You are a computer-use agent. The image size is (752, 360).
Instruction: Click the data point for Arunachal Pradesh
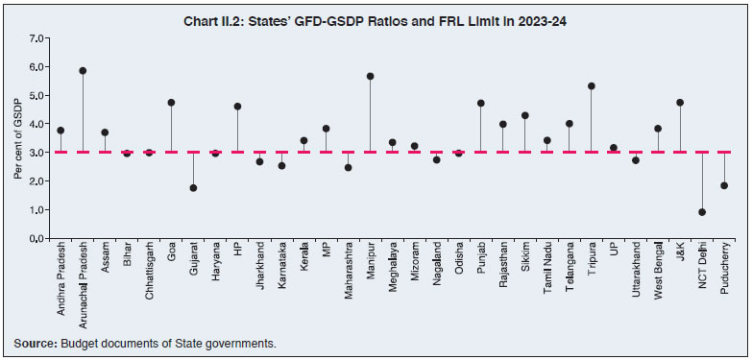84,71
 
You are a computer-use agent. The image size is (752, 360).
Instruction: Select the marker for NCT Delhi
702,212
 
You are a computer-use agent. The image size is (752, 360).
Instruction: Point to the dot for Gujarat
193,188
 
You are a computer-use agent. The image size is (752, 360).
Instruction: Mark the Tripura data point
592,86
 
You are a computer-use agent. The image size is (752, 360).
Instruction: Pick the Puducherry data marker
724,186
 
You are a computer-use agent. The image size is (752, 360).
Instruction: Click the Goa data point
171,103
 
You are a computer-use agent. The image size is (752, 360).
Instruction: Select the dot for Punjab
480,104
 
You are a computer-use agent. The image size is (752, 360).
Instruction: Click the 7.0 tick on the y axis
37,38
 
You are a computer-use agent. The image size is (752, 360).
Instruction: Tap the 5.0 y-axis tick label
37,96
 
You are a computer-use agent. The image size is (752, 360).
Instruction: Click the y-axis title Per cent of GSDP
17,137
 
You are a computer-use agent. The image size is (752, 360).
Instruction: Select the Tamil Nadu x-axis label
547,272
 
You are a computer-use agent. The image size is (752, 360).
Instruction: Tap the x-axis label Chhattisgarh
150,276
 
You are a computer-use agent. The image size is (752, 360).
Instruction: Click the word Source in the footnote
35,343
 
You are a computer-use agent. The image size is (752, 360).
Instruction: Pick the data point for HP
237,107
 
